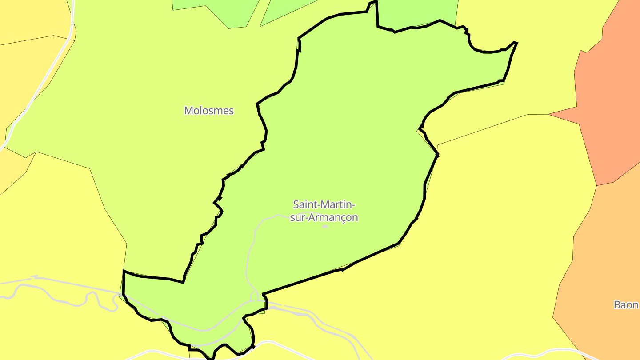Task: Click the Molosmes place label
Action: pos(209,111)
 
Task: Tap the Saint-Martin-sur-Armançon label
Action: pos(324,211)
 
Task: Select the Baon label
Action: pos(626,305)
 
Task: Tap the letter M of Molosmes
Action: pos(188,111)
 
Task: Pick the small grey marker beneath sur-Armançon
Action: pos(325,226)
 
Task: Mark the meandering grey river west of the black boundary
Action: pos(67,302)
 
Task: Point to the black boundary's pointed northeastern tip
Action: pos(517,43)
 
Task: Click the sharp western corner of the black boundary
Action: pos(124,271)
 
